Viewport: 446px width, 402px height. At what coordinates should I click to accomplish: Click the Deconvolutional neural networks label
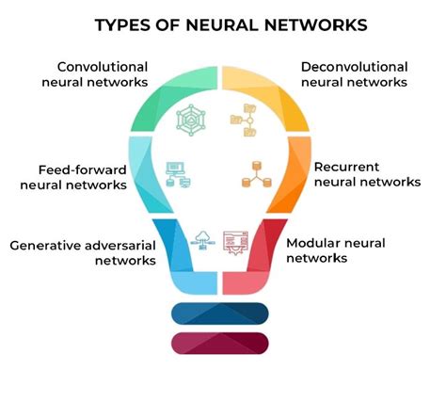[x=354, y=74]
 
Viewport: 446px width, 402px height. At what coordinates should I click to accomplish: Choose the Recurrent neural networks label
[x=361, y=174]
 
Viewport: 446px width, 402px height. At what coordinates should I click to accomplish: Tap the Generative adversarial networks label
[x=83, y=252]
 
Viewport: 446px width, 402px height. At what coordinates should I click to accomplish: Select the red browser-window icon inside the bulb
[x=234, y=241]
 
